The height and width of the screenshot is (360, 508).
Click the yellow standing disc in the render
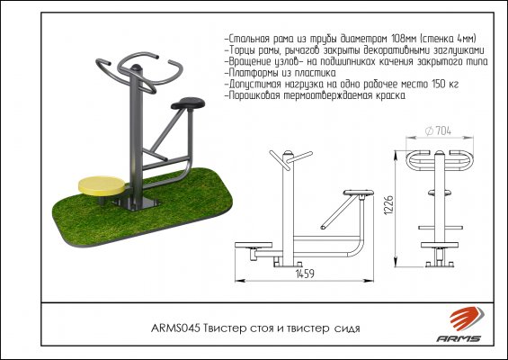pos(102,185)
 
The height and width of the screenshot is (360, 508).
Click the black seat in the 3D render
pos(188,103)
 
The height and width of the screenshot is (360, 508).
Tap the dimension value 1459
pos(305,274)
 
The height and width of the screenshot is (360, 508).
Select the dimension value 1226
pos(388,204)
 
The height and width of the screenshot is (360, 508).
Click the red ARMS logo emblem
pos(467,319)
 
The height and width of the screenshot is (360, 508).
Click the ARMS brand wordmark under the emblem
pos(459,338)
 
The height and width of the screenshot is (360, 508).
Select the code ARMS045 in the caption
pos(176,328)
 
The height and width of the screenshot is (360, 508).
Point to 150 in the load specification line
pos(439,85)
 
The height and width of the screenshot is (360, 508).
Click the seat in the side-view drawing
pos(358,193)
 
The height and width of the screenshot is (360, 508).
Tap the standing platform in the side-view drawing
pos(254,245)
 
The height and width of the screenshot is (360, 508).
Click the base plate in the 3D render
pos(136,203)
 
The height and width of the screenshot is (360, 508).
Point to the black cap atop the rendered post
pos(136,68)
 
